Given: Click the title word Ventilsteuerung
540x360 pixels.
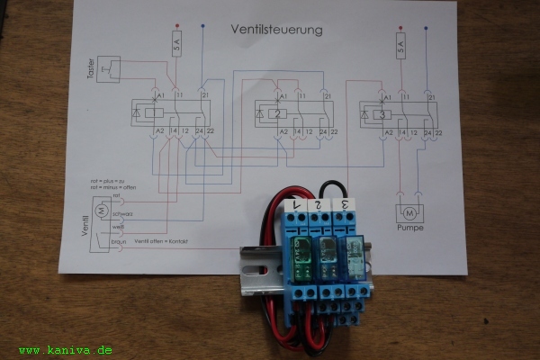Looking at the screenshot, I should [277, 30].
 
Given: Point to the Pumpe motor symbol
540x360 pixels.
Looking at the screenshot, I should [409, 213].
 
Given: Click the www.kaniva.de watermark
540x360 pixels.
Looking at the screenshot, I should [65, 349].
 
